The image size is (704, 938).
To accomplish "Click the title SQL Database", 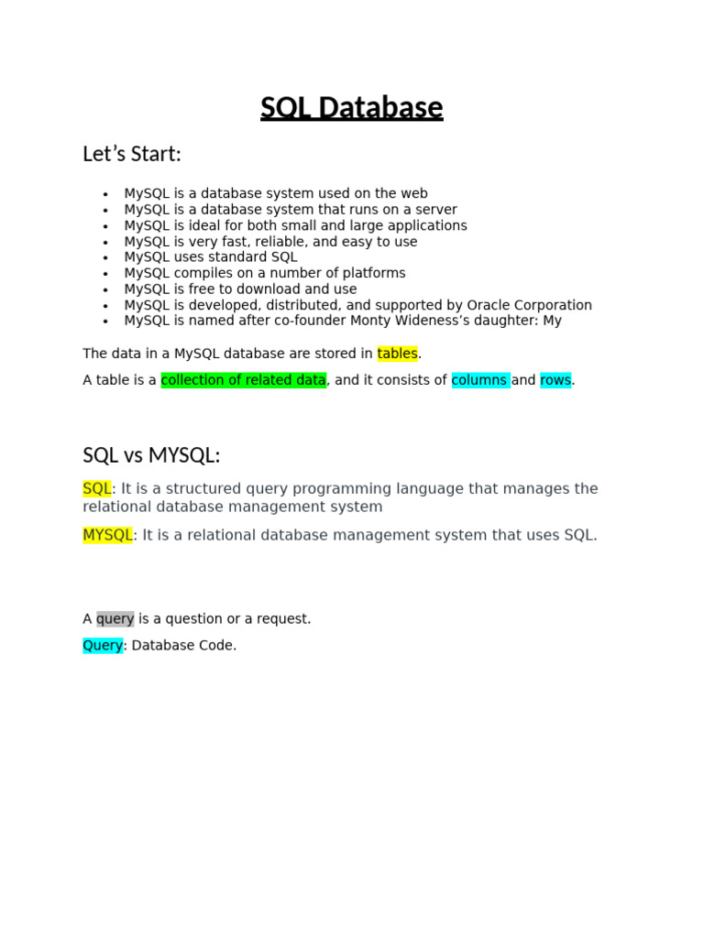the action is (x=351, y=108).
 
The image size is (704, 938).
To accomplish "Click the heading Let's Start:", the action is (x=132, y=154).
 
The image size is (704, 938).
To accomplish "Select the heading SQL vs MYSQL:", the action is (x=151, y=455).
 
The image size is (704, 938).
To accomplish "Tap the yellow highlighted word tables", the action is (x=397, y=354).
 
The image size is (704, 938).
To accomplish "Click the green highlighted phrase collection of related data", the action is (x=243, y=380).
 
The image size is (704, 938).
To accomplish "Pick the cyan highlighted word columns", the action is (x=480, y=380).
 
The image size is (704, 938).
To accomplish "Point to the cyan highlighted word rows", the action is (x=555, y=380).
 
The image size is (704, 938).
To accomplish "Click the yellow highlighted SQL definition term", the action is (x=96, y=489).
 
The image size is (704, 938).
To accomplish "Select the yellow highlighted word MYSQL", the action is (x=107, y=535).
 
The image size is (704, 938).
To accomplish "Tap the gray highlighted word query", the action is (x=115, y=618).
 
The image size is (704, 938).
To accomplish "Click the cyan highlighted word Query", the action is (x=103, y=645).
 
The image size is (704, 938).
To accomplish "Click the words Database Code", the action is (x=183, y=645).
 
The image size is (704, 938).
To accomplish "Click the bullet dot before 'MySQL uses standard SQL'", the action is (x=106, y=258).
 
